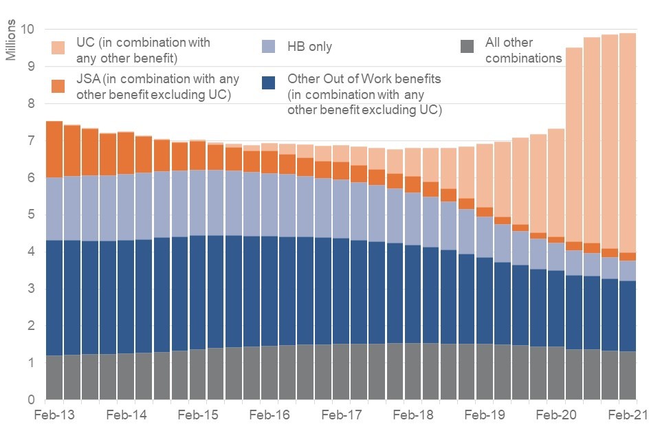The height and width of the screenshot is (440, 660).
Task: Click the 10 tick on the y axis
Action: pos(27,30)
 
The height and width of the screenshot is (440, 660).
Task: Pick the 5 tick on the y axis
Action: pos(31,214)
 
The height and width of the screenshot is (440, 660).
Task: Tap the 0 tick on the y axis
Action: pos(31,399)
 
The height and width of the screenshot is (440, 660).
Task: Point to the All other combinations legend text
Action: pos(522,50)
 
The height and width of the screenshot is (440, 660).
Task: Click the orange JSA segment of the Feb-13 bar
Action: pos(54,149)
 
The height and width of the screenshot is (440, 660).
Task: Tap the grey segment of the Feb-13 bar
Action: pos(54,377)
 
